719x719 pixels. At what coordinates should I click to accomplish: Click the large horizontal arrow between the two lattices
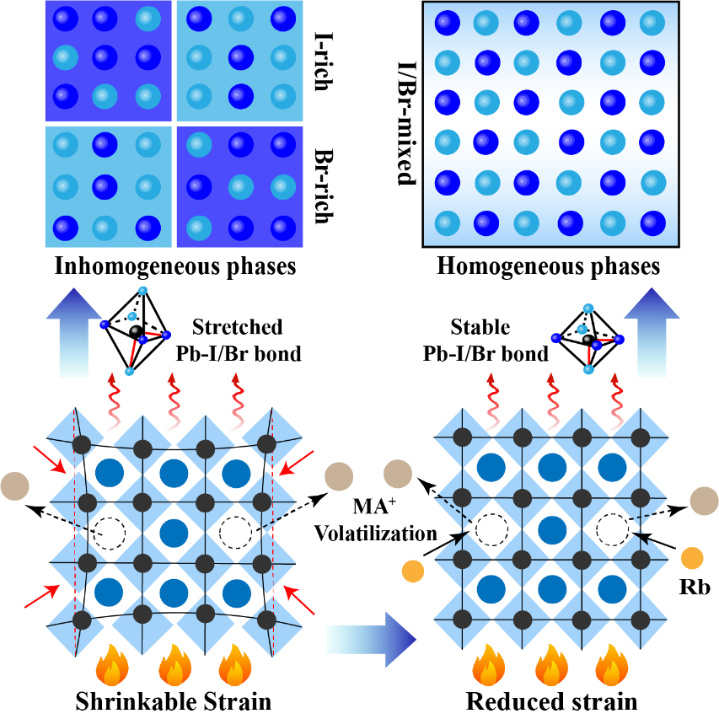371,639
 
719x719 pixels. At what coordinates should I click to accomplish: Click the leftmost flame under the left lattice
112,666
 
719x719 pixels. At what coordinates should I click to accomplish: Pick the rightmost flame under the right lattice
611,666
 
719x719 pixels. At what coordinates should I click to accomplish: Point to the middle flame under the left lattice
174,666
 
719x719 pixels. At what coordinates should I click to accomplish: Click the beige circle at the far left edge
14,486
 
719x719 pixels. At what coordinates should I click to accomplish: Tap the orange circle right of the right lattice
692,558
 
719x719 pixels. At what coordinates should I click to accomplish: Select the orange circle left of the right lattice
413,571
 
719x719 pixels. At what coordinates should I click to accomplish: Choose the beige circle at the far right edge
705,501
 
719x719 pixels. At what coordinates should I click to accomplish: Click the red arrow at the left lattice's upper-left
49,459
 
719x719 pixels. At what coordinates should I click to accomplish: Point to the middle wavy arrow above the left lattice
174,403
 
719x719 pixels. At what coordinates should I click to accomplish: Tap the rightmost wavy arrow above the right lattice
617,403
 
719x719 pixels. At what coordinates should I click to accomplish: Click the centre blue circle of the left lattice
174,533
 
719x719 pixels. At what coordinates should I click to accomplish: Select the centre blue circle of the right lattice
552,530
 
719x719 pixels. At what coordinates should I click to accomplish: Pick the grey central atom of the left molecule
135,330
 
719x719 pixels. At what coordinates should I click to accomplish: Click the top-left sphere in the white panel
447,23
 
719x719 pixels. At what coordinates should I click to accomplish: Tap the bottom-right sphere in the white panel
652,223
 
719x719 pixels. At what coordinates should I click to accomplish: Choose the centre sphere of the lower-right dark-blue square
240,186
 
